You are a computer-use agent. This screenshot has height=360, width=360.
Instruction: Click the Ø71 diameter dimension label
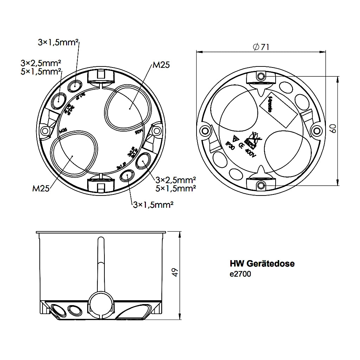tap(261, 47)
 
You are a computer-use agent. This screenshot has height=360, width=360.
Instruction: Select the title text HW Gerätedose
tap(262, 263)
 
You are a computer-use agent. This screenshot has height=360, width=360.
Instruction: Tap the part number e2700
tap(240, 274)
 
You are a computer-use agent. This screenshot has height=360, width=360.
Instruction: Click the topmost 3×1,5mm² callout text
tap(58, 43)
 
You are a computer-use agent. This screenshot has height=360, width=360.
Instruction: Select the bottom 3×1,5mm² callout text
tap(153, 205)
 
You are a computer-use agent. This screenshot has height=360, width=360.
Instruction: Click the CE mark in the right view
tap(242, 147)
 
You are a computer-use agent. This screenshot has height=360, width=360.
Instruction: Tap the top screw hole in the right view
tap(261, 76)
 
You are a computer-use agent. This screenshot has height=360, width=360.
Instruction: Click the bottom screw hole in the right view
tap(261, 185)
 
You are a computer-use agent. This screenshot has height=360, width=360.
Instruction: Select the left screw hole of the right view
tap(205, 131)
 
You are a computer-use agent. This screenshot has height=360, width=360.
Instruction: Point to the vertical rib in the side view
tap(101, 264)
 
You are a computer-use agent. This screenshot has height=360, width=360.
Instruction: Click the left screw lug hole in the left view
tap(45, 131)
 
